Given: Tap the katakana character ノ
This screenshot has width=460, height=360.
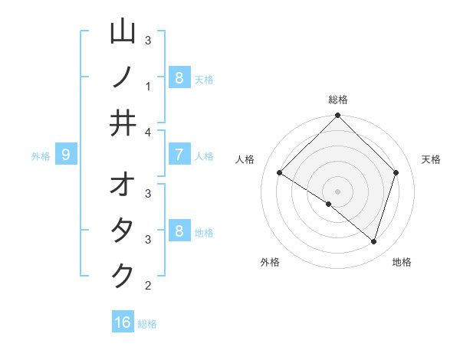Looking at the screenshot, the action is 123,77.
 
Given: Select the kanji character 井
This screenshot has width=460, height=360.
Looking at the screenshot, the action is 123,123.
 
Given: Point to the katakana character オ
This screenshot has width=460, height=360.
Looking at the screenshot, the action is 123,185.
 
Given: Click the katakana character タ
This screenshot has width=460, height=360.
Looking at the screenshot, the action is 123,231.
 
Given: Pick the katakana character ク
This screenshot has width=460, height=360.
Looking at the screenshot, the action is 123,277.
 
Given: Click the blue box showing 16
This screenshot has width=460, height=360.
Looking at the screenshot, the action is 123,322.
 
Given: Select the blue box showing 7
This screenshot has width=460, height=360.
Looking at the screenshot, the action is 179,155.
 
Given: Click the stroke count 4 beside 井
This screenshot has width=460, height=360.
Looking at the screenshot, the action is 148,132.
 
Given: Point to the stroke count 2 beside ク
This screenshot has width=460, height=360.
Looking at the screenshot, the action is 148,286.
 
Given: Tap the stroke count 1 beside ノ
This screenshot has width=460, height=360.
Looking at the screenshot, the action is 148,87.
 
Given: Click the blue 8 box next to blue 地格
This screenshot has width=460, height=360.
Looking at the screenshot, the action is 179,231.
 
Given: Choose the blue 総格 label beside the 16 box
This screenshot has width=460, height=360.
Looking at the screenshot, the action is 147,324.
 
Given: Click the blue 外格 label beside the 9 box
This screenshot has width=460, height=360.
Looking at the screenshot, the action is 41,156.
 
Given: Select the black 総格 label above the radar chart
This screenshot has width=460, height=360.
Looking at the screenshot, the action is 338,100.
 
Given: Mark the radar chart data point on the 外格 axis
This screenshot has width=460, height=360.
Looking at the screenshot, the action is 329,204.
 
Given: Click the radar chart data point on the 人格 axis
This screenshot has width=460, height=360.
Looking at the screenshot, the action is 280,173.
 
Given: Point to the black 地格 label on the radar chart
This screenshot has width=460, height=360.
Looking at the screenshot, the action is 402,262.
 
